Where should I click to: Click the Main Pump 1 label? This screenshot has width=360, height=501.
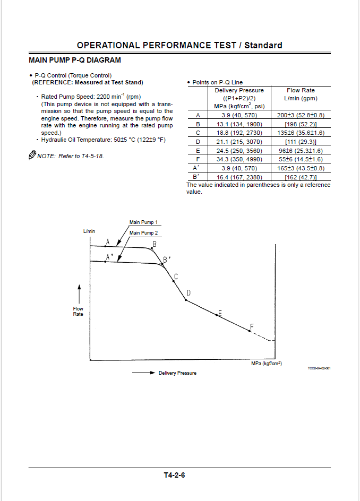tap(143, 222)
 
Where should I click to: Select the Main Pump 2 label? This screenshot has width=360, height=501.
tap(143, 232)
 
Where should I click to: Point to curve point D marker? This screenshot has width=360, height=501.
tap(185, 300)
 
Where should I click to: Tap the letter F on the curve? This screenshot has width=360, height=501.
tap(252, 326)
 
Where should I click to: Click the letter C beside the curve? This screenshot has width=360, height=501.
tap(176, 276)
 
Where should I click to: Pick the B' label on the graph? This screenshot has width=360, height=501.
tap(166, 260)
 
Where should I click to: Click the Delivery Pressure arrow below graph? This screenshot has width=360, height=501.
tap(143, 373)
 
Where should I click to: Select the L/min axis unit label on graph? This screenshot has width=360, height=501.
tap(89, 231)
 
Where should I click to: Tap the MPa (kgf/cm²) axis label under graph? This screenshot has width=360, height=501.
tap(266, 364)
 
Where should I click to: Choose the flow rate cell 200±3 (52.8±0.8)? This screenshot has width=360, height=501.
tap(301, 115)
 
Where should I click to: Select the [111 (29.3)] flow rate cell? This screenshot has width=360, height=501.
tap(301, 142)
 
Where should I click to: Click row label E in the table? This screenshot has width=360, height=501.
tap(198, 150)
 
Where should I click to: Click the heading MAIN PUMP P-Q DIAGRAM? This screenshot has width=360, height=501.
tap(74, 61)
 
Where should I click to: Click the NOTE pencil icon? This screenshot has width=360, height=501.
tap(32, 156)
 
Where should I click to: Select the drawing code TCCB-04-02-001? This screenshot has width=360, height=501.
tap(319, 368)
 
